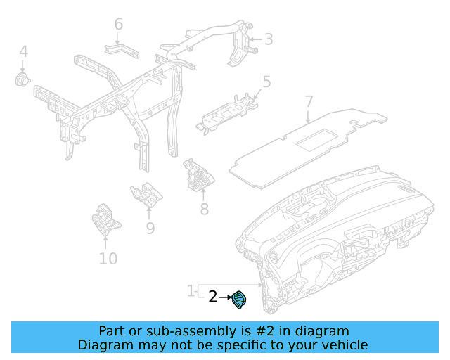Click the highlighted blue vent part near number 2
240,300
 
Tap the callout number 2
213,297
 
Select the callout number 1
191,290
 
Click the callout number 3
268,39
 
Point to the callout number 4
23,51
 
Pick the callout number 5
266,82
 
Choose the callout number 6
118,25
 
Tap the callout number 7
309,102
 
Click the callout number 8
205,209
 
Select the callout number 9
150,228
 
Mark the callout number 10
108,259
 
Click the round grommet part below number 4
24,79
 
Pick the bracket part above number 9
146,193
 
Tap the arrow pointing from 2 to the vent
226,298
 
